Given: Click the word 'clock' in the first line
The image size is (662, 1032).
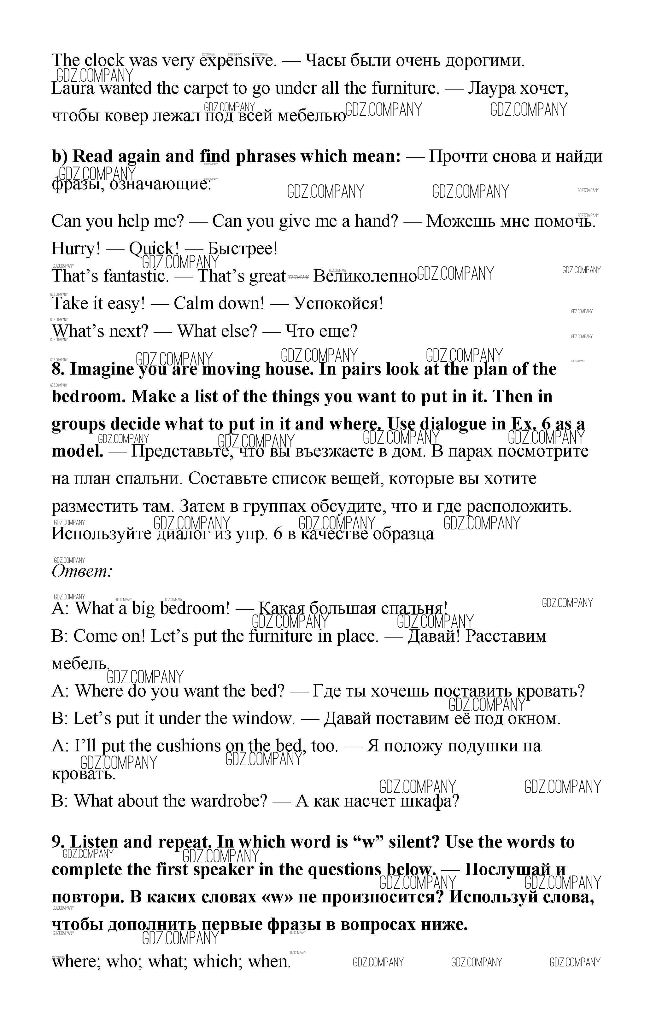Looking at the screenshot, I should [x=104, y=61].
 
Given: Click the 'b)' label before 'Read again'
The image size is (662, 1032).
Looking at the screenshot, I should [x=60, y=156].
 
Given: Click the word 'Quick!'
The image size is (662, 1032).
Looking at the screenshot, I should [x=154, y=249].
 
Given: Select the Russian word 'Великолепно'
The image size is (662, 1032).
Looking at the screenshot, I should [x=365, y=276].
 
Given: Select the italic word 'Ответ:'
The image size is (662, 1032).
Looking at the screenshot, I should [x=82, y=571].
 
